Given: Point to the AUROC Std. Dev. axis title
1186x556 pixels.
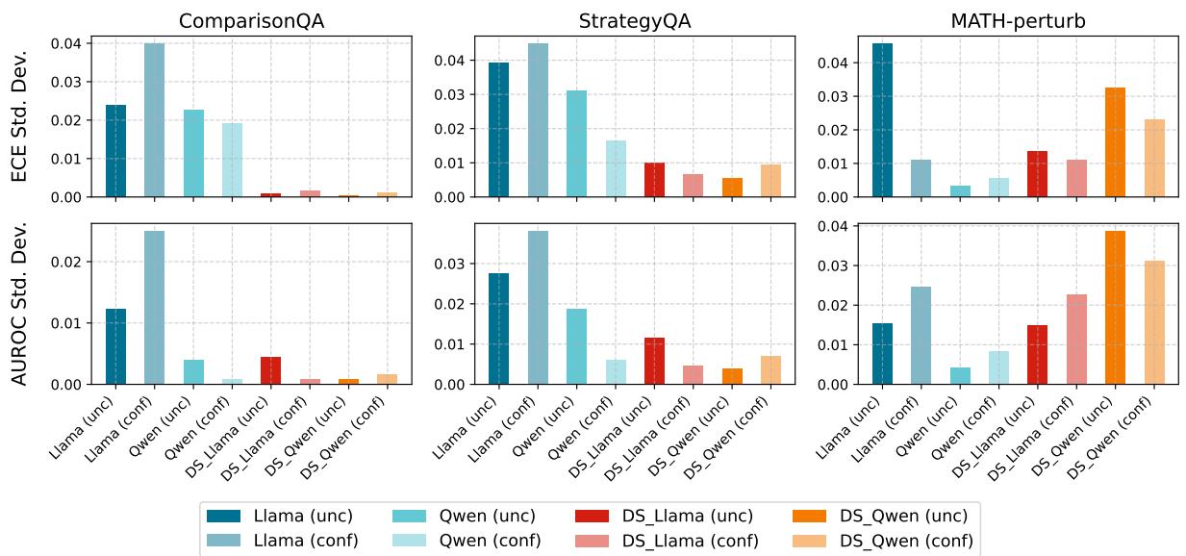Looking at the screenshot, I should [x=20, y=304].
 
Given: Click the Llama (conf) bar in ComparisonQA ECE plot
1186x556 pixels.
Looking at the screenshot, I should [x=154, y=120].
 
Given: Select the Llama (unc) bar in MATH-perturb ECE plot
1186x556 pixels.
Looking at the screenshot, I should [x=882, y=120].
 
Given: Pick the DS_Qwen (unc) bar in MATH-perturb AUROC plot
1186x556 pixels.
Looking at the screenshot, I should [x=1116, y=308].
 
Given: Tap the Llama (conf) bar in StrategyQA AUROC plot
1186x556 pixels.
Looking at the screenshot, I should [x=538, y=308].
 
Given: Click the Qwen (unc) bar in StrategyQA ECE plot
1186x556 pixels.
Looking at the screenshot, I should [x=576, y=143].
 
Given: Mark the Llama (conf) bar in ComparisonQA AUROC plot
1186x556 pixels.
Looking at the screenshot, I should [x=154, y=308].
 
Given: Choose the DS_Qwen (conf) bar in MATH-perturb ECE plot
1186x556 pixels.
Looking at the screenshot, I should [x=1154, y=158].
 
